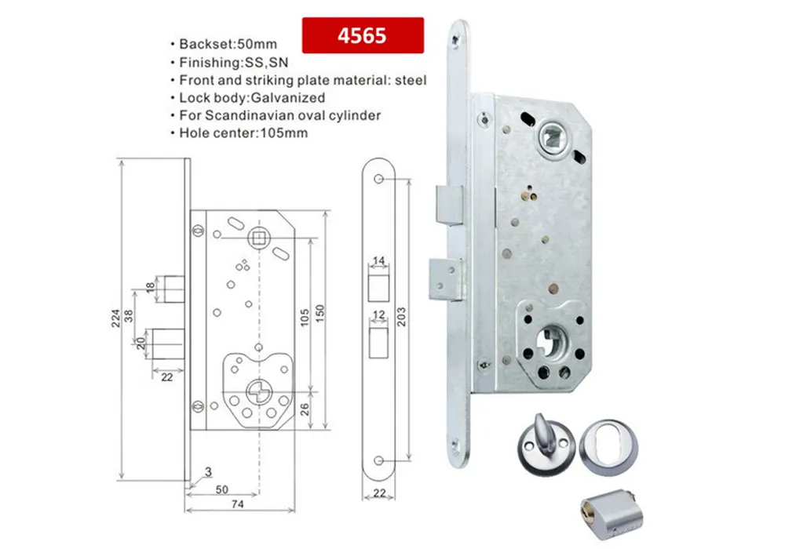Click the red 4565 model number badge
click(x=363, y=35)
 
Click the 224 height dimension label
click(x=115, y=318)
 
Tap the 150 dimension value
click(x=319, y=311)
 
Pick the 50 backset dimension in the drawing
click(x=221, y=489)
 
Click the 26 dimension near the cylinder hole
click(x=305, y=408)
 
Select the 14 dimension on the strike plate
click(x=378, y=260)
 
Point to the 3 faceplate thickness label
click(x=208, y=471)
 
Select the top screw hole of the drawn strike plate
click(x=378, y=180)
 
